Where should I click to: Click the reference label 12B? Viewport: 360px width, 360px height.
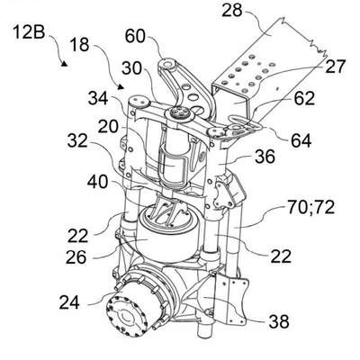[29, 31]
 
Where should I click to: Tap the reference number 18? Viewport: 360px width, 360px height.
[80, 45]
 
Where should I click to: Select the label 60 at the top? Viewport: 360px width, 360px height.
[135, 37]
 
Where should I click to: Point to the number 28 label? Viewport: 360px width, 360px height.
[232, 10]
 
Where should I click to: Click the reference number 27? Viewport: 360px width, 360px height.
[336, 67]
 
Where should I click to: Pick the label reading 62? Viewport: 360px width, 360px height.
[304, 98]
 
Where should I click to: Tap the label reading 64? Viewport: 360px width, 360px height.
[301, 140]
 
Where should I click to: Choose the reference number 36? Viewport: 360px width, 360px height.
[265, 157]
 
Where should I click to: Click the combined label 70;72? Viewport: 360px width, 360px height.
[310, 207]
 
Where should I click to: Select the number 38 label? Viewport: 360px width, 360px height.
[279, 321]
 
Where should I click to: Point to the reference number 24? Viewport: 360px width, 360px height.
[69, 302]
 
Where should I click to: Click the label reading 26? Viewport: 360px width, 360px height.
[76, 257]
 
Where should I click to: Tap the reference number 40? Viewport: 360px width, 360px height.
[97, 182]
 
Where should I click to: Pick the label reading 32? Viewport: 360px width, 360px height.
[77, 140]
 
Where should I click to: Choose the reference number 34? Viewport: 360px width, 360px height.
[98, 98]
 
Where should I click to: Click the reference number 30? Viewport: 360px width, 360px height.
[131, 68]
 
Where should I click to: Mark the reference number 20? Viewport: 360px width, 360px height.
[108, 126]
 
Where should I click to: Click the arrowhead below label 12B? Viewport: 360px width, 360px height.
[64, 63]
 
